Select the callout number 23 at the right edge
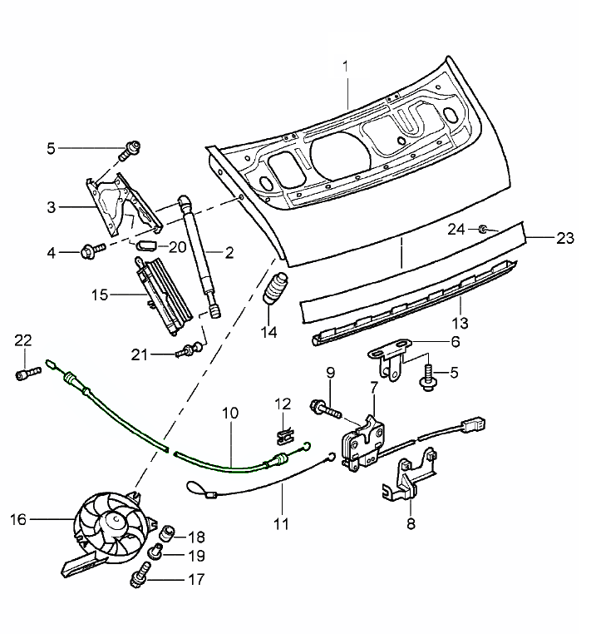pos(564,237)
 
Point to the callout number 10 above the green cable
pos(230,413)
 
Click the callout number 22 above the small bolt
pos(22,339)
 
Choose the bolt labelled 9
pos(325,409)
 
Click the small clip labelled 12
pos(283,433)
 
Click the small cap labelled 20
pos(146,246)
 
